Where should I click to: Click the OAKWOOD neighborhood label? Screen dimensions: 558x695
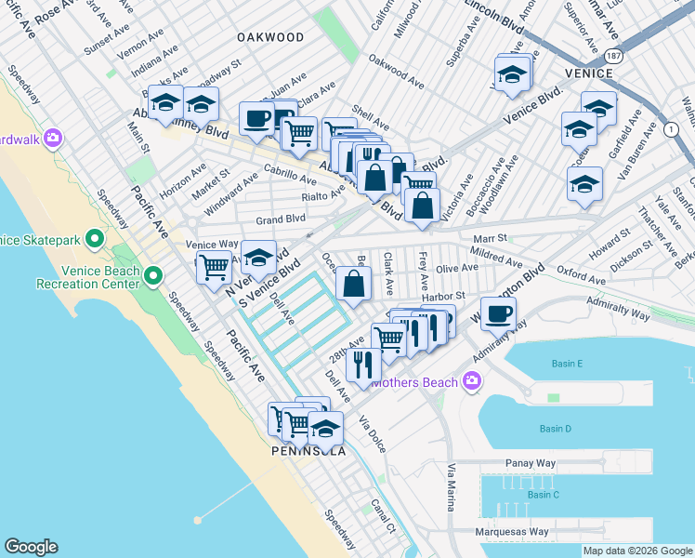tap(270, 37)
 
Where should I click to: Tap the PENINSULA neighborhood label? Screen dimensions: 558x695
tap(308, 451)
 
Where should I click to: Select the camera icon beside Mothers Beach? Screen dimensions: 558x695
tap(472, 379)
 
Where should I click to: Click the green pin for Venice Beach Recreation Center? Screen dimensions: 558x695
tap(153, 276)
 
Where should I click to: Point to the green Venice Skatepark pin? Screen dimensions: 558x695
tap(95, 240)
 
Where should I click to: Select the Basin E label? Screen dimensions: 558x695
tap(567, 363)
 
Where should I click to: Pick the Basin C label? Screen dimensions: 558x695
tap(544, 494)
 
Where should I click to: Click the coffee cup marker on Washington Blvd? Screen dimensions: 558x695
tap(498, 315)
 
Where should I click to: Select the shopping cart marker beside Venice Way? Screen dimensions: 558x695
tap(215, 267)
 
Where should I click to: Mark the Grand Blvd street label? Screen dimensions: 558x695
tap(281, 219)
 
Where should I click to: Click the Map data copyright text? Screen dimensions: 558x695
tap(636, 551)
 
